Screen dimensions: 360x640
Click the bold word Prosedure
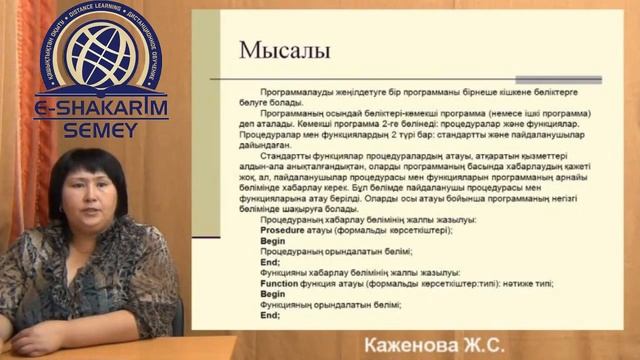(x=281, y=230)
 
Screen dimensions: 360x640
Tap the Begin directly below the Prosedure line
(x=272, y=241)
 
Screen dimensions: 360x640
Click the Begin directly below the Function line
(x=272, y=294)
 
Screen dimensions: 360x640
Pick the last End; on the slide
(x=269, y=315)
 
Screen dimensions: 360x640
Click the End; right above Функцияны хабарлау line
(x=269, y=262)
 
